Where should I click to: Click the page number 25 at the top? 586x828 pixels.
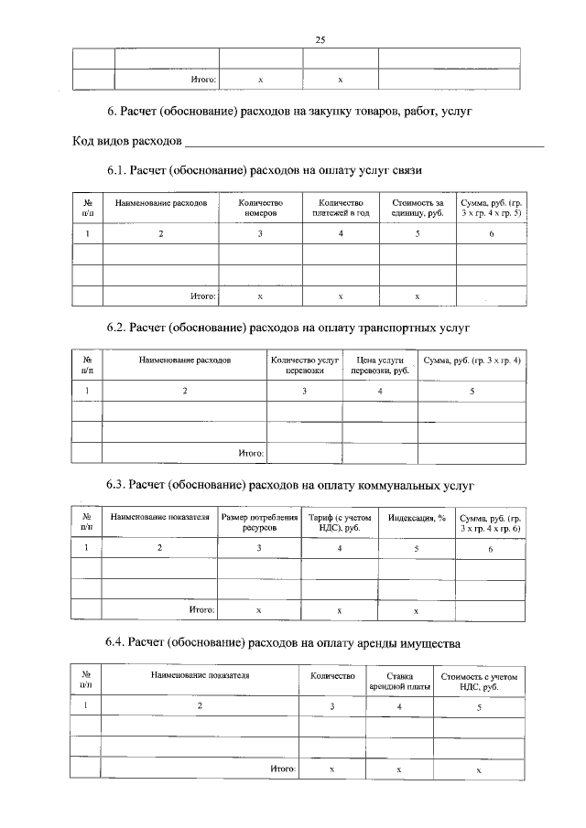tap(320, 39)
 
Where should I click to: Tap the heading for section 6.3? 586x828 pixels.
tap(289, 484)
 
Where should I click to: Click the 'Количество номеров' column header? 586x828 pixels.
tap(260, 208)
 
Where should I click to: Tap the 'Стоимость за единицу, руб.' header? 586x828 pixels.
tap(418, 208)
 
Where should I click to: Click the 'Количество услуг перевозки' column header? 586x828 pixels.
tap(305, 365)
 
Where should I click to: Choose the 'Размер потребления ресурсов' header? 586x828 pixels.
tap(259, 522)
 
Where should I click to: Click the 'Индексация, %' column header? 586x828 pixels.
tap(417, 518)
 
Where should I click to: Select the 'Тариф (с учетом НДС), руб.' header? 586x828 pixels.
tap(340, 522)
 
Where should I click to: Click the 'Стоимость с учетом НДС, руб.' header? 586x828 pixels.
tap(479, 680)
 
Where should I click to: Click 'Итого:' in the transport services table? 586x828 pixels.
tap(251, 453)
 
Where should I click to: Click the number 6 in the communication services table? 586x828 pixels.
tap(491, 234)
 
